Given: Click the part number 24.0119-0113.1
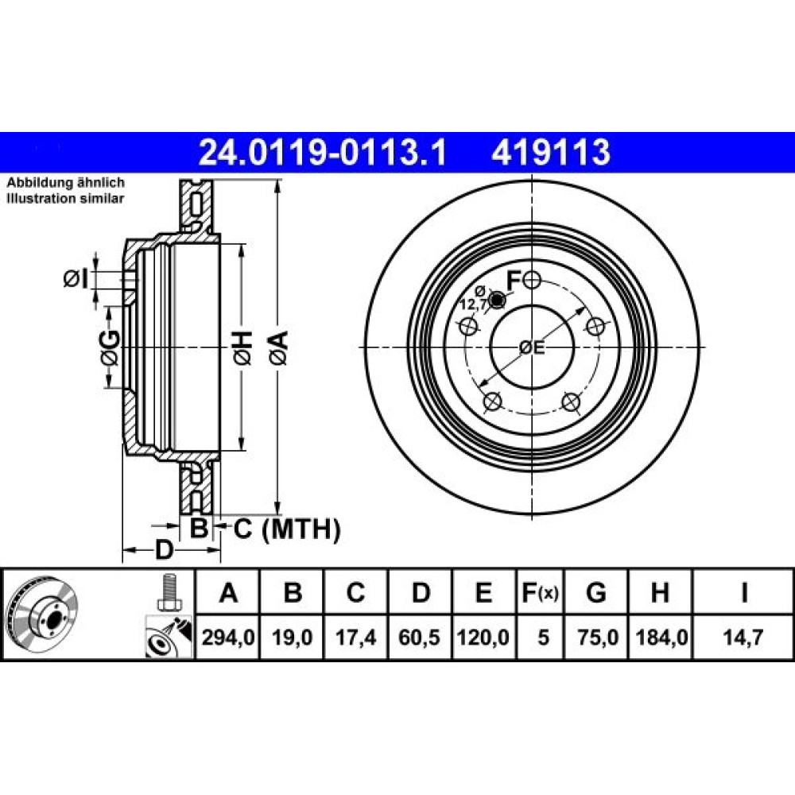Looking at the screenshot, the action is point(323,153).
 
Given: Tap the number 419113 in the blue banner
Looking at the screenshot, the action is point(551,153).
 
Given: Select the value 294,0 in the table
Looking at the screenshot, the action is point(228,637).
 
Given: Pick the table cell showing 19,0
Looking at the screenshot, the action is point(292,637).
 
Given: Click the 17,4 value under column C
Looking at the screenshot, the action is point(355,637).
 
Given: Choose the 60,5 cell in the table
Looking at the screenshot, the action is point(419,637).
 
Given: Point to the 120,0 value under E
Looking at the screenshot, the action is point(483,637).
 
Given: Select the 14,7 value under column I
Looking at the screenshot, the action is point(743,637).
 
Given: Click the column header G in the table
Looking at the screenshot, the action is point(596,592).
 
